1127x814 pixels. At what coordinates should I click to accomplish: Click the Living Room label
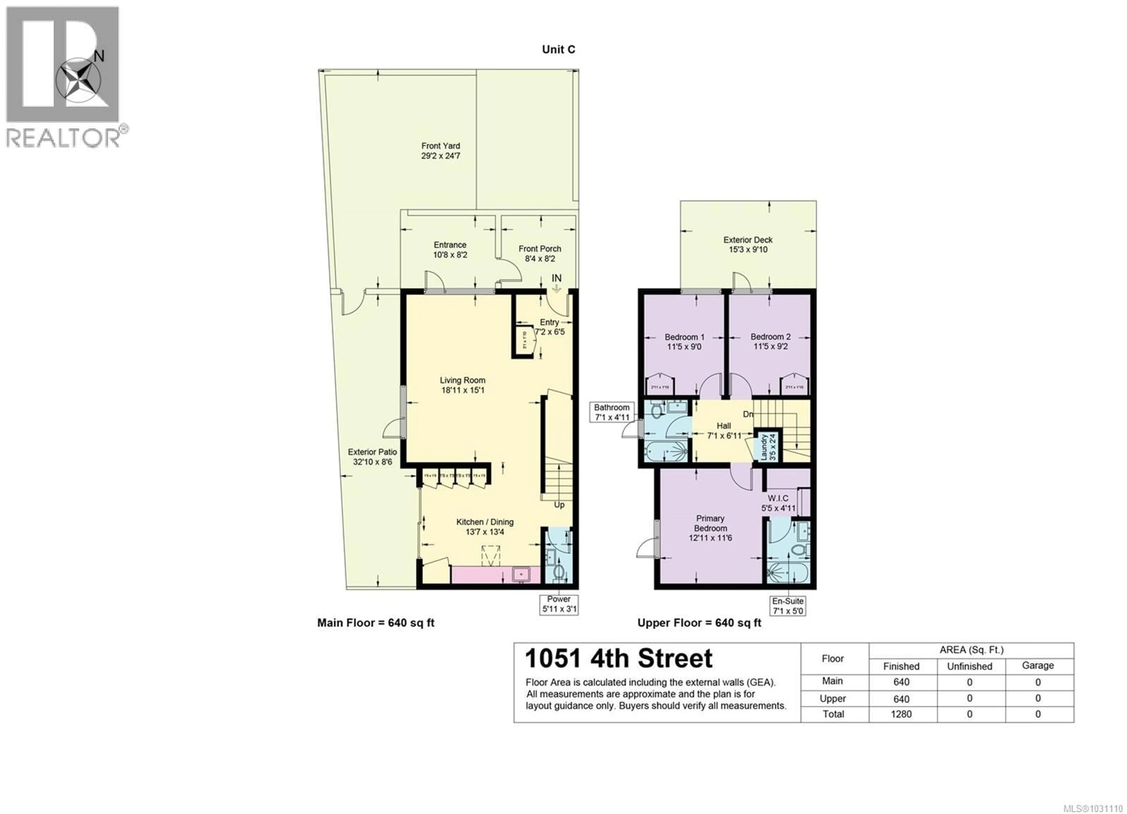pos(462,380)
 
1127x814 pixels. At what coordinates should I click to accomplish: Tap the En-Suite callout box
pos(788,606)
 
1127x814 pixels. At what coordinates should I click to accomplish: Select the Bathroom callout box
pos(611,412)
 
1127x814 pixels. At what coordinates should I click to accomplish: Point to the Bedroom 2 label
pos(770,337)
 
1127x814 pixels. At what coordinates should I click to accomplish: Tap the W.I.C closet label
pos(778,498)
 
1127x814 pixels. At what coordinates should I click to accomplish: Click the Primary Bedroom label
pos(710,523)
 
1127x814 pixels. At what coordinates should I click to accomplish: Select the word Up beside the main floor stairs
pos(559,505)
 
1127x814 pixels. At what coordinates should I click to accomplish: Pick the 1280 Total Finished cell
pos(901,714)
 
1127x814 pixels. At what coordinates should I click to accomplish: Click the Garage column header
pos(1037,665)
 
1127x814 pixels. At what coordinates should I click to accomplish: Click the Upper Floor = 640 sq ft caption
pos(699,623)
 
